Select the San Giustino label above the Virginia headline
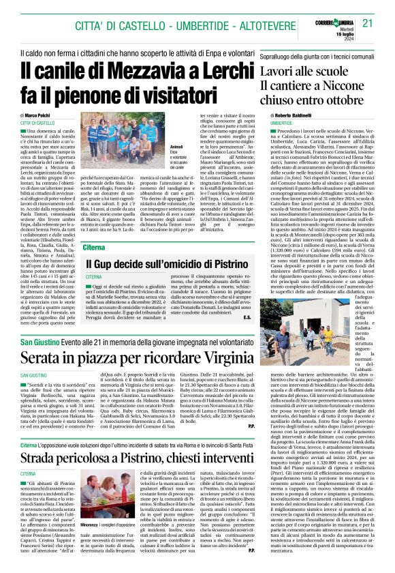click(x=39, y=341)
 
